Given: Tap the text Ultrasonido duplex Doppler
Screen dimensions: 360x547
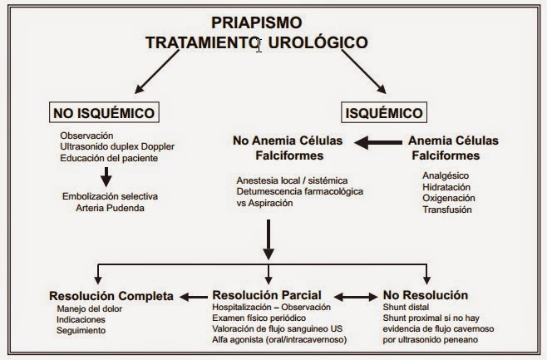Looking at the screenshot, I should [117, 146].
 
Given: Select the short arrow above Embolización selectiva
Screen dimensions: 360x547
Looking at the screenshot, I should [106, 177].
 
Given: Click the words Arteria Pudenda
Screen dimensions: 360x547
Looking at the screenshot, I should [110, 207].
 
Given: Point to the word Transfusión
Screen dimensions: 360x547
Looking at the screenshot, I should [447, 210].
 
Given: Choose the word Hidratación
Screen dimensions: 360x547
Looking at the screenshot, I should [447, 188].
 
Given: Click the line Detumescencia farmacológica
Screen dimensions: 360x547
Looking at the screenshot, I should [292, 191].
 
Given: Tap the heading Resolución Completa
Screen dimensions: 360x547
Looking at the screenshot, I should [111, 295].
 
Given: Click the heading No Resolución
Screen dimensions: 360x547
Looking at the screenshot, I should [426, 295].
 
